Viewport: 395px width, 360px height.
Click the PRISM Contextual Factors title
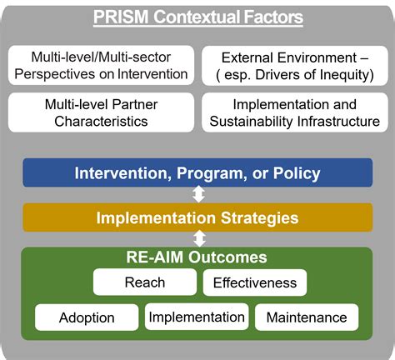coord(197,16)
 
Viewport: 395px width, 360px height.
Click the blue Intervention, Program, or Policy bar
coord(197,173)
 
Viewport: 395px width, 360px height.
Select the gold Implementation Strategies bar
coord(197,218)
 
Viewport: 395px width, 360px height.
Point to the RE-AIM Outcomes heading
coord(197,258)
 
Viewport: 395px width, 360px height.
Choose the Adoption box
coord(87,317)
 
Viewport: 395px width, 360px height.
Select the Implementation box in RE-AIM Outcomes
coord(197,317)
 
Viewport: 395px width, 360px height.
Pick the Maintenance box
coord(306,317)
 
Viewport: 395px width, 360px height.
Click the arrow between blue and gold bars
coord(197,195)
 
